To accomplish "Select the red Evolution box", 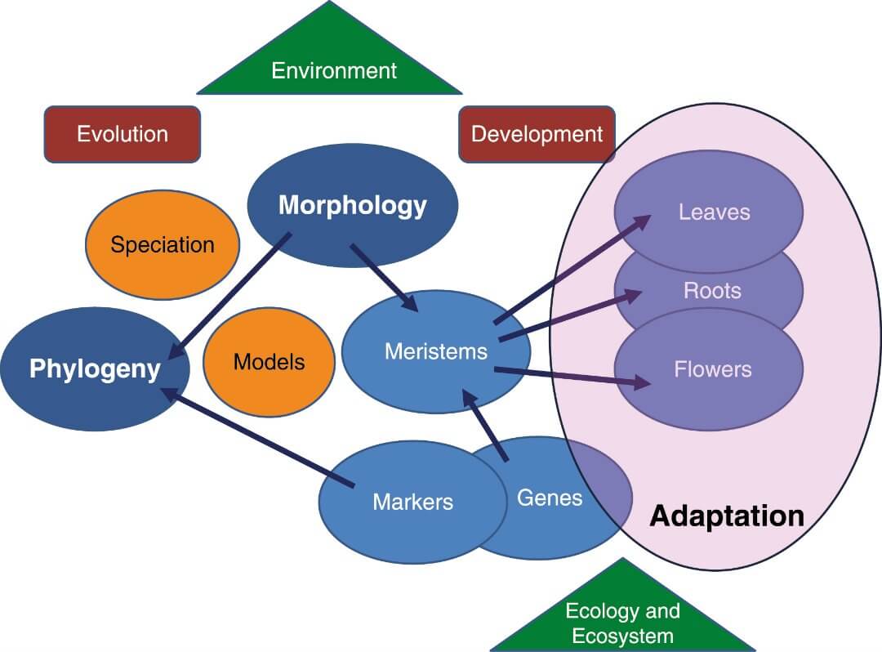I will click(122, 134).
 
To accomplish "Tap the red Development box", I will click(537, 134).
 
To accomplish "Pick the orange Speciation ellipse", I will click(163, 244).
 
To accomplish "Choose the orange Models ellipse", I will click(269, 362).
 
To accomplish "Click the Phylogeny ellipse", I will click(95, 368).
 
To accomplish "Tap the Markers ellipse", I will click(412, 501).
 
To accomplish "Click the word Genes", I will click(550, 497).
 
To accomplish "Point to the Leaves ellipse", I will click(714, 212).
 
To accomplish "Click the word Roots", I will click(712, 291).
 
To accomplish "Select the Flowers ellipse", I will click(712, 369).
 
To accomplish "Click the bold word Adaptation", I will click(727, 516).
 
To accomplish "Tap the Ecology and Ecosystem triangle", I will click(622, 617).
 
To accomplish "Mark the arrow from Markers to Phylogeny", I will click(257, 437).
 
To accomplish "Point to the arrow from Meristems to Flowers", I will click(572, 376).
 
